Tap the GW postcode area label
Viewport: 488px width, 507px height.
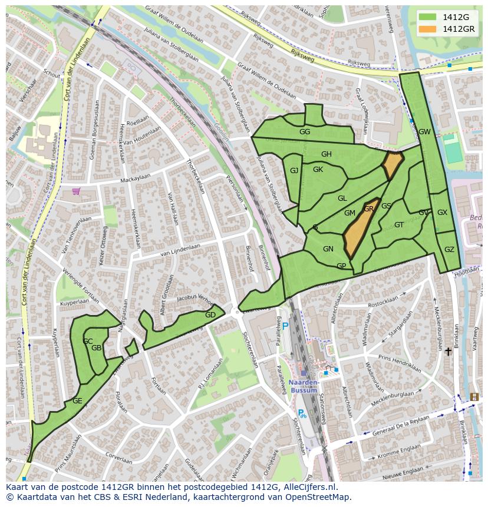point(424,132)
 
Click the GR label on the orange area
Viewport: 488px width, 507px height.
point(369,209)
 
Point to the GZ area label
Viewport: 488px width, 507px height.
point(449,250)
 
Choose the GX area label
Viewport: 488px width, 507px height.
point(442,213)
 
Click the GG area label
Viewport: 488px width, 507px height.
point(304,132)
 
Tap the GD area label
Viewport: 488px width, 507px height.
point(210,315)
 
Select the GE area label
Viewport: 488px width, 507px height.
point(77,401)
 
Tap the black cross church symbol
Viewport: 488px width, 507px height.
point(448,352)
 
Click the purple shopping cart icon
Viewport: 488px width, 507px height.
point(76,191)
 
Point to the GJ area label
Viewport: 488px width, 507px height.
point(294,171)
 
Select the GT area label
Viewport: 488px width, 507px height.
point(399,225)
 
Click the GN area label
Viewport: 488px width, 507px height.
point(328,249)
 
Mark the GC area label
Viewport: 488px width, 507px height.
point(88,342)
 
